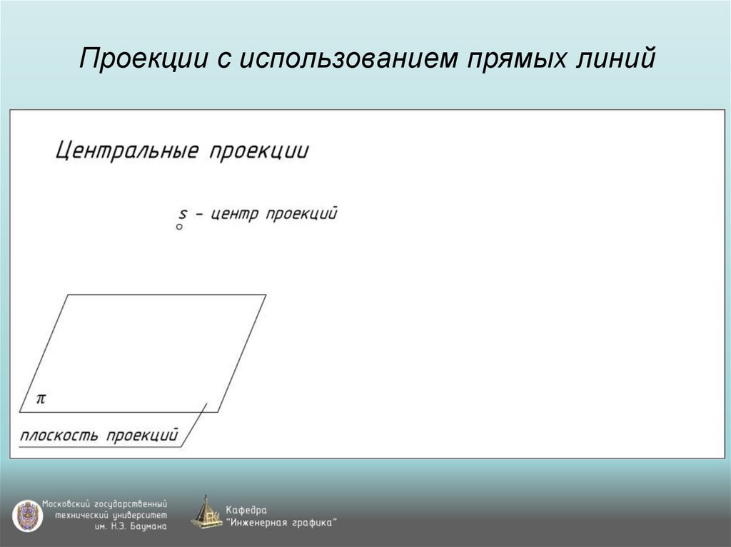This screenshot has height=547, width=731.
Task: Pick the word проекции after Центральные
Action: point(259,153)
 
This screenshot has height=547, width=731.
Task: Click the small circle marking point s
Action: point(179,226)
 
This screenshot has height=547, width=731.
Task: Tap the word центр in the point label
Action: point(233,214)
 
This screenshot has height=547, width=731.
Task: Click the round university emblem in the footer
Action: point(27,515)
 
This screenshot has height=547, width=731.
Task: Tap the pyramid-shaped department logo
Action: point(206,513)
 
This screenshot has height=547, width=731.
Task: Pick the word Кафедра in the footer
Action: point(247,510)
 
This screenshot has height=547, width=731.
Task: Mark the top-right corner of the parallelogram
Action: point(266,295)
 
